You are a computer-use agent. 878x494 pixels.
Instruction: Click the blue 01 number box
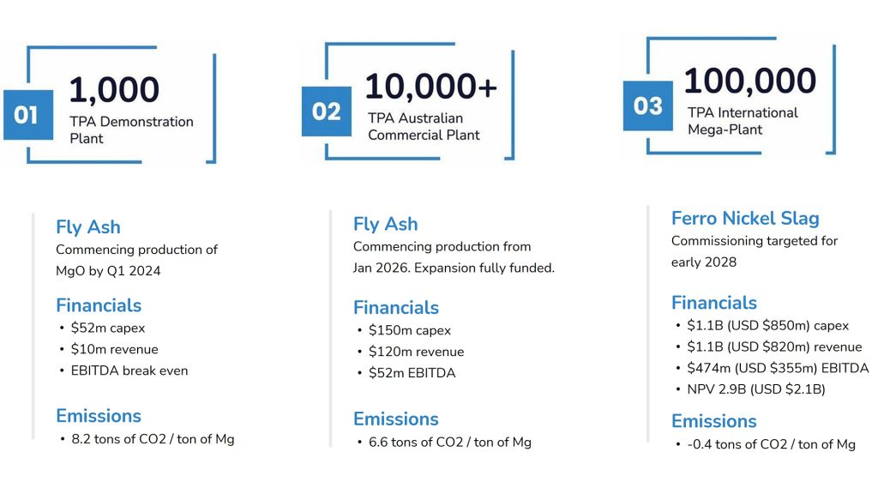pos(28,115)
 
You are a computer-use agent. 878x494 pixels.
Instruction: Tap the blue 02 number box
pos(327,111)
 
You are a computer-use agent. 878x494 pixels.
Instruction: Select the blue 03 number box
pos(648,105)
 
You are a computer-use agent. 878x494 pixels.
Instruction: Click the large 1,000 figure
pos(114,89)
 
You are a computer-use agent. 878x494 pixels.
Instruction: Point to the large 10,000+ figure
pos(431,86)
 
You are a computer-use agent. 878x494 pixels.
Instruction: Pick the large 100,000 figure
pos(750,80)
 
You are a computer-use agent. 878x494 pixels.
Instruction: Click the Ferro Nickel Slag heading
pos(745,218)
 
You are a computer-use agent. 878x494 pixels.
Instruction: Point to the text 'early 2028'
pos(704,262)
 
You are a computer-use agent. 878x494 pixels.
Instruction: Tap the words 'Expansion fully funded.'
pos(484,268)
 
